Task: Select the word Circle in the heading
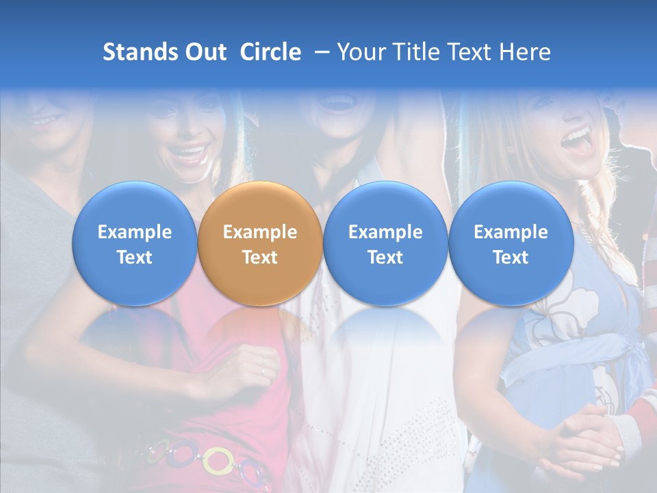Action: click(x=270, y=52)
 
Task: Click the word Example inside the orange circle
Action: click(x=259, y=233)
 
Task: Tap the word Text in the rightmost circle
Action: click(x=511, y=257)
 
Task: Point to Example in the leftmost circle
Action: click(x=134, y=233)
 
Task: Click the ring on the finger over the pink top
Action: click(x=263, y=359)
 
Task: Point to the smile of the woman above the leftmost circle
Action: click(x=189, y=151)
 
